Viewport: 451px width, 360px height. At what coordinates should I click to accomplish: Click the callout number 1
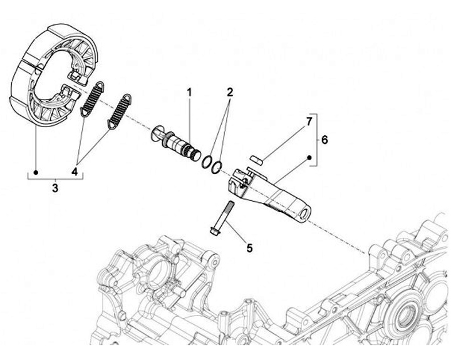189,93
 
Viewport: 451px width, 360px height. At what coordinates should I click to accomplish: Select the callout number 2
230,93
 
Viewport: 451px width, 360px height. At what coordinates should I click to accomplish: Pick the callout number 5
249,248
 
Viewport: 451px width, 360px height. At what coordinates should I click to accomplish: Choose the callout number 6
324,140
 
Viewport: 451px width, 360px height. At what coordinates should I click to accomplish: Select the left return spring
93,99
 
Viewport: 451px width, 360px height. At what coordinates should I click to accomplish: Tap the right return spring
120,113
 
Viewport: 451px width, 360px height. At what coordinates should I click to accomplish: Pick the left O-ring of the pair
207,162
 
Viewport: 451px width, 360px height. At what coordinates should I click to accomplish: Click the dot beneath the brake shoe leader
37,170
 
